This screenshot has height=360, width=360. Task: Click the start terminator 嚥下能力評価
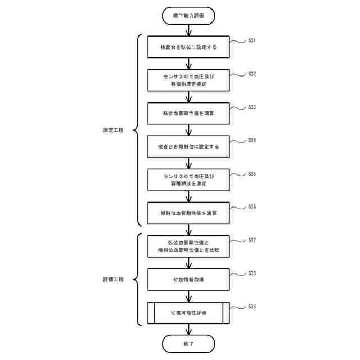coord(188,16)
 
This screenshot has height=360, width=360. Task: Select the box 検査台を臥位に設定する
coord(188,47)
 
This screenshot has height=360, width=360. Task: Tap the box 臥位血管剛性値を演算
coord(188,113)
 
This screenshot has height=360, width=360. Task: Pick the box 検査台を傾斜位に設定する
coord(188,146)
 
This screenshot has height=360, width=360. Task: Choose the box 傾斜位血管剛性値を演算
coord(188,213)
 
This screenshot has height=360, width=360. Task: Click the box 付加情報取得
coord(188,279)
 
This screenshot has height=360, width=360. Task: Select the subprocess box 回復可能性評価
coord(188,312)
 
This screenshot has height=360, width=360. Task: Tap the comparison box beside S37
coord(188,246)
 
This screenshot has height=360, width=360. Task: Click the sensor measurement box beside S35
coord(188,179)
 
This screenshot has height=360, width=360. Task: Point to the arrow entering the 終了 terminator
coord(188,329)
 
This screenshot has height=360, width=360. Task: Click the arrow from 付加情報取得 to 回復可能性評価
coord(188,296)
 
